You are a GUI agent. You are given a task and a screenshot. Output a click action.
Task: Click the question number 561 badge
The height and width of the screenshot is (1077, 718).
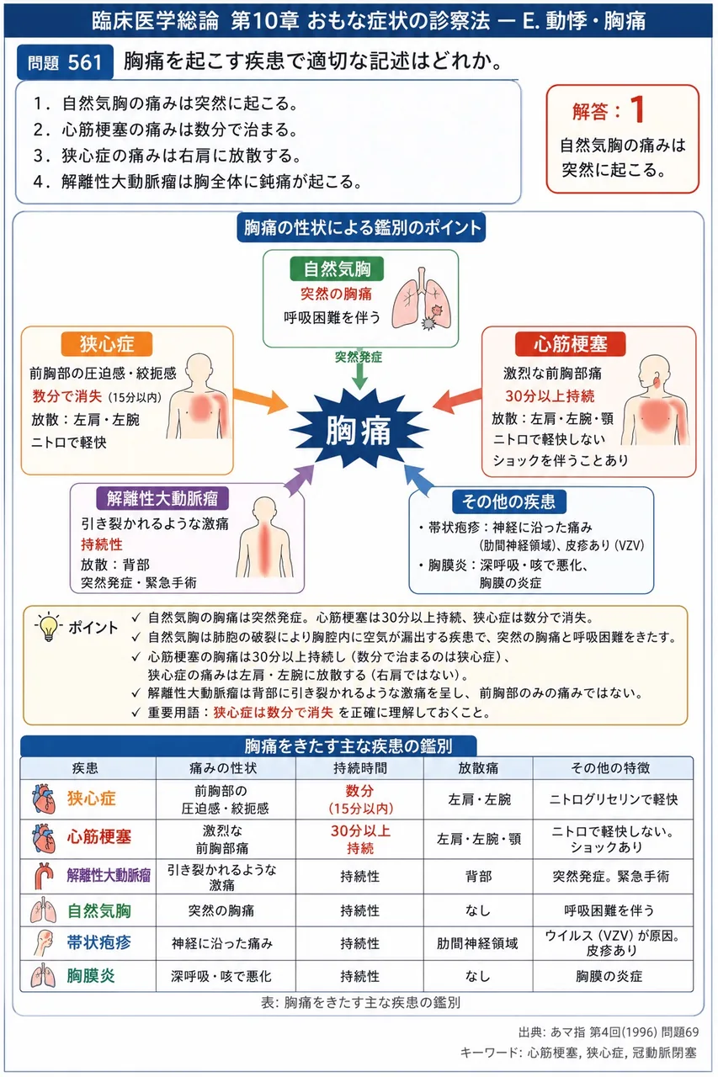pyautogui.click(x=65, y=62)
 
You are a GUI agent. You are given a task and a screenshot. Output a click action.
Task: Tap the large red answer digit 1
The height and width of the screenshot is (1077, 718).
pyautogui.click(x=638, y=109)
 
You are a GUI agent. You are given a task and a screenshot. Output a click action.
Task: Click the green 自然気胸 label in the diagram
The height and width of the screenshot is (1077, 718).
pyautogui.click(x=338, y=268)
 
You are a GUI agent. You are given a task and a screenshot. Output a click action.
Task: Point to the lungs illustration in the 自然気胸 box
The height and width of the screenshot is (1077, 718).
pyautogui.click(x=421, y=299)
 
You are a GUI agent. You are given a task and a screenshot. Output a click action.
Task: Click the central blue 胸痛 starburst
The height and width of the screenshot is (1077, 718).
pyautogui.click(x=359, y=429)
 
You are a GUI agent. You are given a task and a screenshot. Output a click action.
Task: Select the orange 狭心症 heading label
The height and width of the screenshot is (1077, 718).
pyautogui.click(x=107, y=344)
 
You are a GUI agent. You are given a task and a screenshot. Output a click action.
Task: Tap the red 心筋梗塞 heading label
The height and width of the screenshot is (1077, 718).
pyautogui.click(x=571, y=344)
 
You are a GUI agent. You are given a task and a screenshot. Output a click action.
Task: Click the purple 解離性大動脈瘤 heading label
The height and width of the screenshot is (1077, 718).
pyautogui.click(x=162, y=499)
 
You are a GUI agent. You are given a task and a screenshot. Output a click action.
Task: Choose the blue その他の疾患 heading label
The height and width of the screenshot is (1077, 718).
pyautogui.click(x=508, y=501)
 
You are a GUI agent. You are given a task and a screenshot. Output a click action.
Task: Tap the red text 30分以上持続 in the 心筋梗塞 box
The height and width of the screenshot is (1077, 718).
pyautogui.click(x=550, y=396)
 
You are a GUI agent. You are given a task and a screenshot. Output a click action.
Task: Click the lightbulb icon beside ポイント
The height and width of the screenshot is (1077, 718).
pyautogui.click(x=49, y=627)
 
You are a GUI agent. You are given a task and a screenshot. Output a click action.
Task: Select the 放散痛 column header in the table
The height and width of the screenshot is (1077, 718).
pyautogui.click(x=478, y=768)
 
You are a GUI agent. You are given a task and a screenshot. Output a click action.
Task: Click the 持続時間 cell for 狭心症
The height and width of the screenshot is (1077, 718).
pyautogui.click(x=360, y=799)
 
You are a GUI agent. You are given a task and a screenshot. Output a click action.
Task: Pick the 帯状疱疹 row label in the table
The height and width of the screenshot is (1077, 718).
pyautogui.click(x=98, y=943)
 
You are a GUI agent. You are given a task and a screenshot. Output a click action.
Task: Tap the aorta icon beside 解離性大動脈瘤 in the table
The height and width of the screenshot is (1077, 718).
pyautogui.click(x=45, y=876)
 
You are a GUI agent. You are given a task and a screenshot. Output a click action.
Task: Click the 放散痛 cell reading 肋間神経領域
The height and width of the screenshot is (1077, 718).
pyautogui.click(x=477, y=944)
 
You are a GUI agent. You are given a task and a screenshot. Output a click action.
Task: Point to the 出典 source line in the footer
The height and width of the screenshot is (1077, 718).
pyautogui.click(x=609, y=1032)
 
